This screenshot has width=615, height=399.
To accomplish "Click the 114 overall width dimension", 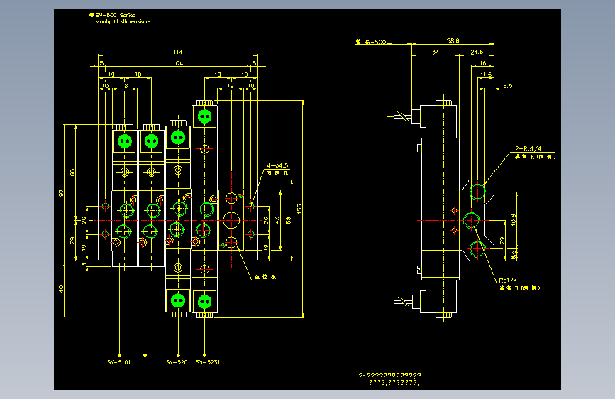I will coord(177,52).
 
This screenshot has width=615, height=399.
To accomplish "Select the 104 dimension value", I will coord(177,63).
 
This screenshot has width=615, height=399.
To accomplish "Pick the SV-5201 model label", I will coord(177,361).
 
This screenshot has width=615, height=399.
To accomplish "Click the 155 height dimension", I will coord(300,209).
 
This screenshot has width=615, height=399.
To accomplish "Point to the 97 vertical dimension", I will coord(62,193).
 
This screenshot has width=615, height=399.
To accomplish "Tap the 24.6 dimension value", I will coord(477,52).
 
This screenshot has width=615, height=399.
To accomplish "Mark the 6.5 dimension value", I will coord(507,85).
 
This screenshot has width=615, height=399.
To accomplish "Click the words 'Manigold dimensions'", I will coord(123,21).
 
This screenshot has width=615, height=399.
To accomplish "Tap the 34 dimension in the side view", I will coord(435,52).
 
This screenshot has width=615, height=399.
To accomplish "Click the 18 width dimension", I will coord(126,85).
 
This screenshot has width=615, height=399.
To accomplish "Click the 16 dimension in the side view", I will coord(482,63).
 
